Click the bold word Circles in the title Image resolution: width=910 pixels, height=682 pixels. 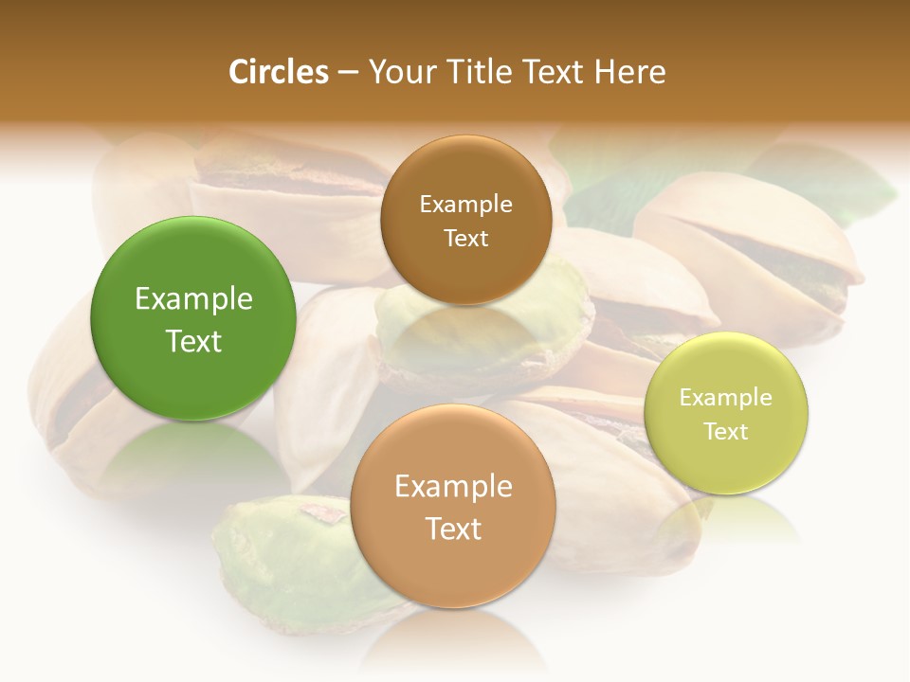(278, 72)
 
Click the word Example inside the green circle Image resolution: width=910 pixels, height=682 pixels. (193, 299)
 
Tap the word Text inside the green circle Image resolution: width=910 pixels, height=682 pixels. (193, 341)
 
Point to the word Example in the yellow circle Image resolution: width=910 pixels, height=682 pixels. (726, 398)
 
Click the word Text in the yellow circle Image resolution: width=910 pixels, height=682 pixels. (726, 432)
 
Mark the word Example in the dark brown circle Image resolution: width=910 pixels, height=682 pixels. (465, 204)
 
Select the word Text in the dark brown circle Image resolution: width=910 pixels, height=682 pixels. (465, 239)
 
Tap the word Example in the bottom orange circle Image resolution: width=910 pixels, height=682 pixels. (453, 487)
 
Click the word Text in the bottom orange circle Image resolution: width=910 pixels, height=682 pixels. (453, 529)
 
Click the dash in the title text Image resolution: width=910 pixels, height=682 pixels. (347, 73)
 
